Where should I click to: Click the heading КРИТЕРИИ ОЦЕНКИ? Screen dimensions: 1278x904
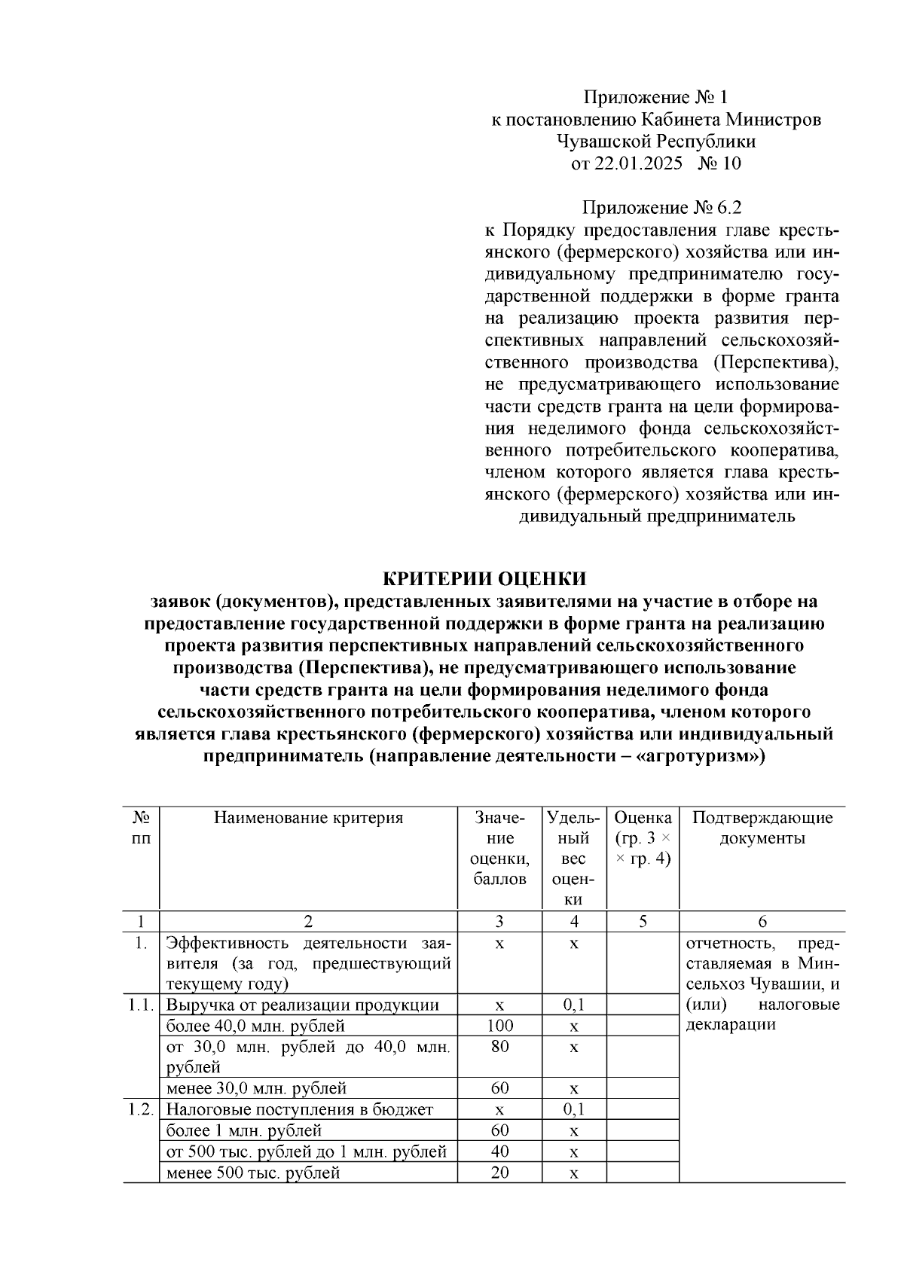click(x=484, y=578)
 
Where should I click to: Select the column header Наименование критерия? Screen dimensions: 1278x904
click(x=308, y=818)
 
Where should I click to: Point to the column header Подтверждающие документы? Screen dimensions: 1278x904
click(x=762, y=828)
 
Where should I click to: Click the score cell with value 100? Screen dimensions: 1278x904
click(x=499, y=1025)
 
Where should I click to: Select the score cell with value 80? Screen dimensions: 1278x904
click(x=499, y=1046)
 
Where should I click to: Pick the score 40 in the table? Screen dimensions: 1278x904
click(x=499, y=1151)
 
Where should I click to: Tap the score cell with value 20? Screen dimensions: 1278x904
click(x=499, y=1173)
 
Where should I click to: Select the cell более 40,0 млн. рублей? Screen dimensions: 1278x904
click(x=255, y=1026)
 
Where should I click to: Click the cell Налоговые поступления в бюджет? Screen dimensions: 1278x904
click(x=299, y=1109)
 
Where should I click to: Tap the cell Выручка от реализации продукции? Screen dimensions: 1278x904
click(x=302, y=1005)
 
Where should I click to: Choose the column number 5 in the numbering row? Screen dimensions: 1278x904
click(x=643, y=921)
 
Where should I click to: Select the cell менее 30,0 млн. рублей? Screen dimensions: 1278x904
click(x=256, y=1088)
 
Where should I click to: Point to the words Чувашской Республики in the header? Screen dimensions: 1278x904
click(x=656, y=142)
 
